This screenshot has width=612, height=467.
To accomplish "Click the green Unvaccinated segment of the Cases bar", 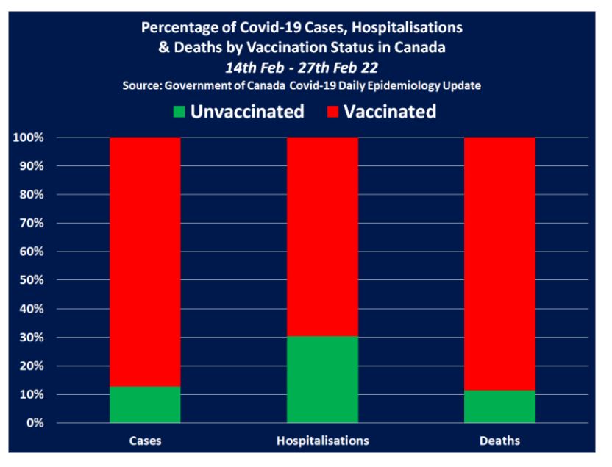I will pos(145,404).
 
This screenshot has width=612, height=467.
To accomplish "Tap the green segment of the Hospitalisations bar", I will pos(323,379).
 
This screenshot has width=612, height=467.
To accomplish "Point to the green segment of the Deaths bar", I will pos(499,407).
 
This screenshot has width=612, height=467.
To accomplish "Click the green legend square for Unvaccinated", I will pos(178,113).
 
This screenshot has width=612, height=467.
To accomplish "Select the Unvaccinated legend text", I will pos(247,112).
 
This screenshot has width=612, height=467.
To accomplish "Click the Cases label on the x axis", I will pos(145,441).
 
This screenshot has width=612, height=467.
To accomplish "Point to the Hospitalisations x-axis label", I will pos(323,441).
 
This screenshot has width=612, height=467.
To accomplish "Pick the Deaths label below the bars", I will pos(499,441).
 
